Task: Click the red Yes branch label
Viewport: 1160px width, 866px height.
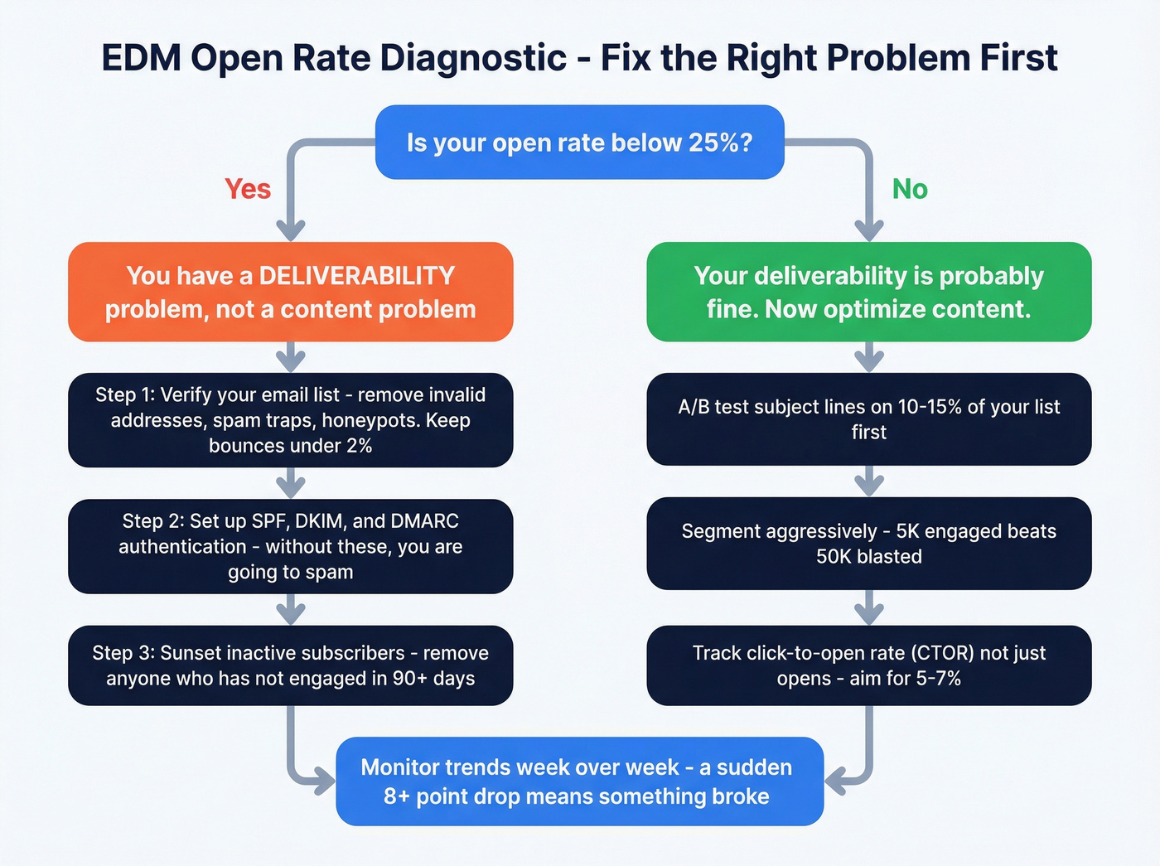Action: pos(248,189)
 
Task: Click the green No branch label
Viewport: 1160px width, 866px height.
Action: pos(910,189)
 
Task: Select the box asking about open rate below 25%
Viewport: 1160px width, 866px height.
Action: pos(579,143)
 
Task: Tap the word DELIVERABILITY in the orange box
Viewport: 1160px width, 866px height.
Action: pos(357,276)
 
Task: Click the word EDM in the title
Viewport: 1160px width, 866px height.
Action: pos(140,59)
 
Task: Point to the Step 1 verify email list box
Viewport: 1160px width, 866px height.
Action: pos(290,420)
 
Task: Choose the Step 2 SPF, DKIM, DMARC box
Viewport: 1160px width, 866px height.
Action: pos(290,546)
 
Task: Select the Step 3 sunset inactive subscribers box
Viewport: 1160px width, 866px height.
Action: pos(290,665)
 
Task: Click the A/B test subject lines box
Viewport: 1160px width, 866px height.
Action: pos(868,419)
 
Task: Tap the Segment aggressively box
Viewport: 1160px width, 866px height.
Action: pos(868,544)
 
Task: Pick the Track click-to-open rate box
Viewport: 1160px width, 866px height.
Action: pos(868,665)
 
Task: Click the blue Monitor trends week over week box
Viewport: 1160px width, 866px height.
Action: pos(579,781)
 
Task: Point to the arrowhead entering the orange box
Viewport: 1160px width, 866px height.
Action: pos(291,230)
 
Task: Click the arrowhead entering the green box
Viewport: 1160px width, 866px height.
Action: pos(868,230)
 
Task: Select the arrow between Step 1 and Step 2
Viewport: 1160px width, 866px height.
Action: pos(291,483)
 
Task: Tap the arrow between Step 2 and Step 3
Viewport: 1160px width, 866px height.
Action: pos(291,611)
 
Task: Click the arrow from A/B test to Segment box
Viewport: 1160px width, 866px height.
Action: pos(868,481)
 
